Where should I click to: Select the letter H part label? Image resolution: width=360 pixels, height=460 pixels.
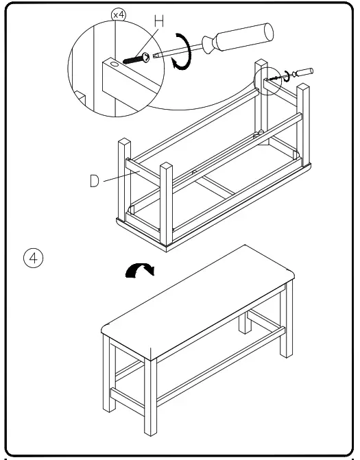tap(158, 21)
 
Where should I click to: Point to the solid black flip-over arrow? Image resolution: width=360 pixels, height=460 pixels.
tap(140, 271)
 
